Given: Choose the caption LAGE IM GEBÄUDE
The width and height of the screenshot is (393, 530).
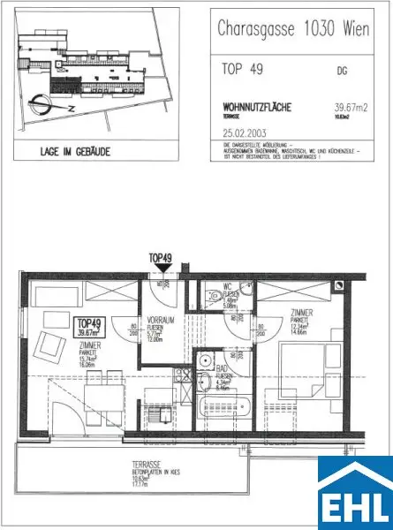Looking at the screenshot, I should (75, 151).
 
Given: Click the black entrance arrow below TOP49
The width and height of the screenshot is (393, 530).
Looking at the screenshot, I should (160, 276).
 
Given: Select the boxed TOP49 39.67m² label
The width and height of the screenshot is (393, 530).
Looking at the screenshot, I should (90, 327).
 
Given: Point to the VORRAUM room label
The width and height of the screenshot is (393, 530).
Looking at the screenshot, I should (160, 322).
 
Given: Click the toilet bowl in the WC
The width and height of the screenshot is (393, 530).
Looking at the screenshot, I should (215, 298).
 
